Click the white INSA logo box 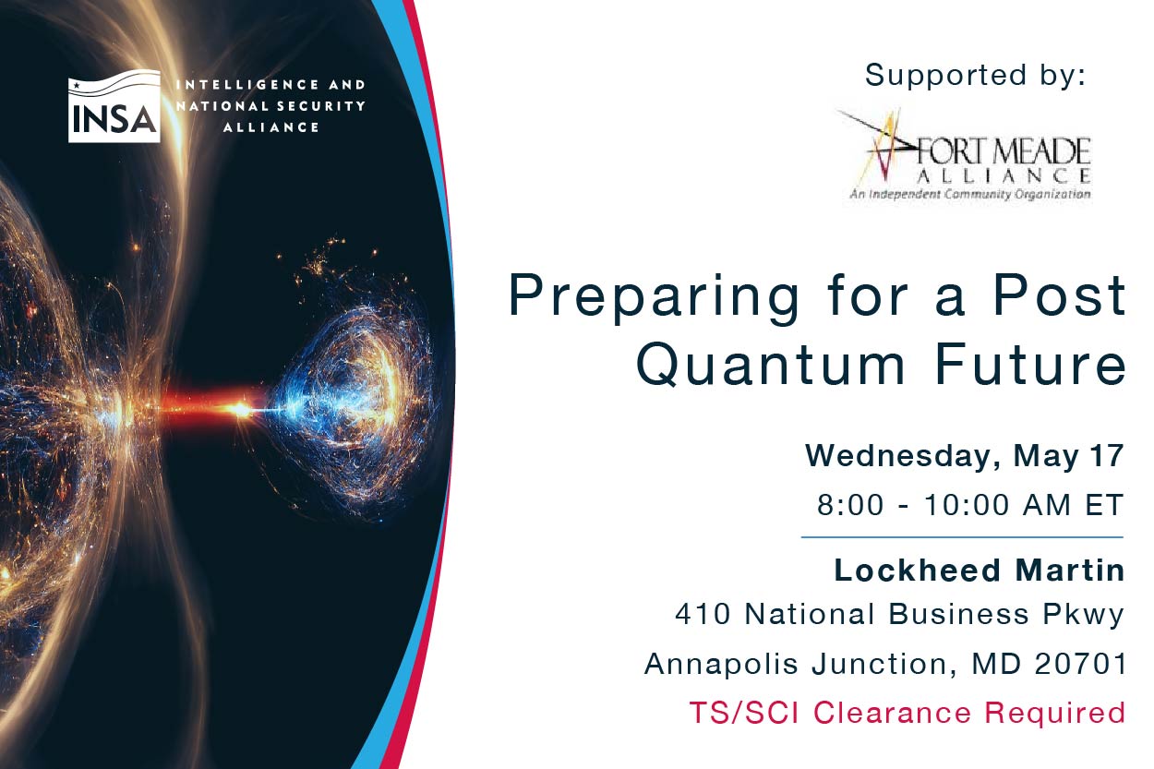coord(114,106)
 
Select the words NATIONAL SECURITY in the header coord(270,106)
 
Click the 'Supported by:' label coord(975,76)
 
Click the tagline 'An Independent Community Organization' coord(970,194)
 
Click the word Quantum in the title coord(771,364)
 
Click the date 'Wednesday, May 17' coord(965,456)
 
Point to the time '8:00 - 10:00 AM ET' coord(970,505)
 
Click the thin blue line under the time coord(962,537)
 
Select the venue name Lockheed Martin coord(980,571)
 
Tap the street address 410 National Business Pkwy coord(899,615)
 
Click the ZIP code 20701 coord(1080,664)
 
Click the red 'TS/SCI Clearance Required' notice coord(908,713)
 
